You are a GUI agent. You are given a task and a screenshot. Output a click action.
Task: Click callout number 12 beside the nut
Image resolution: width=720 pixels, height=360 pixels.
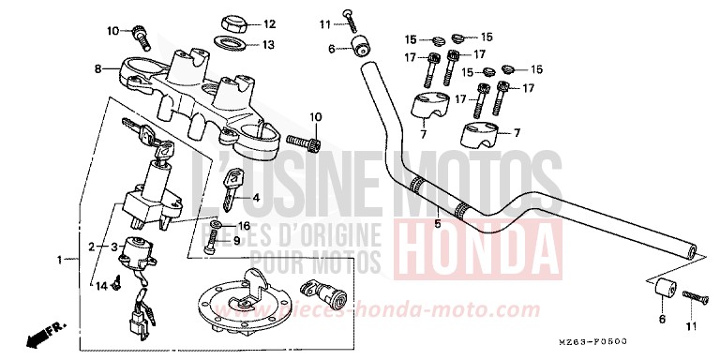(x=269, y=24)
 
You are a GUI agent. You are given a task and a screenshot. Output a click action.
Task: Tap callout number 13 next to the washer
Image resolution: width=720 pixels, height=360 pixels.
(x=269, y=44)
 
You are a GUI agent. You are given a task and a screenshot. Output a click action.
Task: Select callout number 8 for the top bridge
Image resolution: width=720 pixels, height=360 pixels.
(x=97, y=68)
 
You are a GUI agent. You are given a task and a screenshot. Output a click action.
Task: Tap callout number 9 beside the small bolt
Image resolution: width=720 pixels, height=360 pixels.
(x=237, y=241)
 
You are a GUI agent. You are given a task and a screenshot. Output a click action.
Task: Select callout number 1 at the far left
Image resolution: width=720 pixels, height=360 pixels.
(x=61, y=259)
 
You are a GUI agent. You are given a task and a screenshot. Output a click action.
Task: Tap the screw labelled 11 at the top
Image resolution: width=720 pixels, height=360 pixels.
(x=347, y=15)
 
